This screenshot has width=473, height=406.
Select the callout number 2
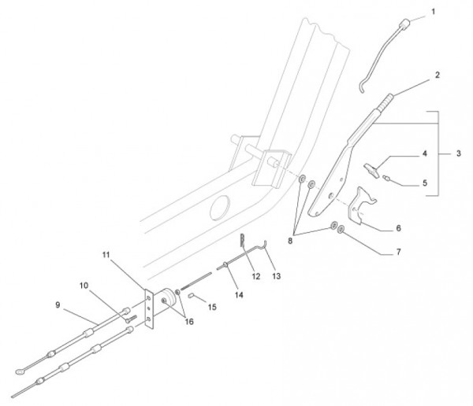pyautogui.click(x=437, y=76)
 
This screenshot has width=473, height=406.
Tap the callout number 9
pyautogui.click(x=57, y=304)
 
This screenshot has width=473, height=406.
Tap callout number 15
pyautogui.click(x=211, y=306)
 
